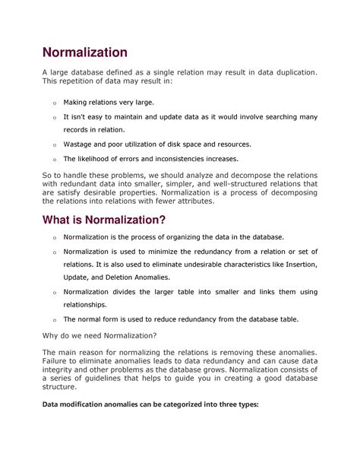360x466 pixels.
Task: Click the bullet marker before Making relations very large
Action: coord(54,103)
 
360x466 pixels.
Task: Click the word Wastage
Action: coord(79,144)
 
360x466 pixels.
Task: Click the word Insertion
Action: coord(295,265)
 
